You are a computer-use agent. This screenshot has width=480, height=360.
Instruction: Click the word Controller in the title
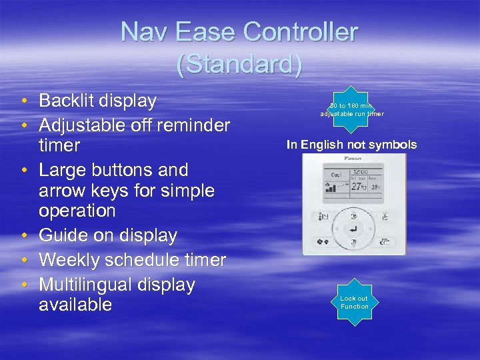[301, 31]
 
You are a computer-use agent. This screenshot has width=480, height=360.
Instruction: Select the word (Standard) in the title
[239, 65]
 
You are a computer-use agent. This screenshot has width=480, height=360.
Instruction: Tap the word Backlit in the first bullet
[66, 101]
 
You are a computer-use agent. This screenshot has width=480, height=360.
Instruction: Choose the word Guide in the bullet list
[62, 235]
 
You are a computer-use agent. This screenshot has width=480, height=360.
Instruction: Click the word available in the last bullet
[75, 305]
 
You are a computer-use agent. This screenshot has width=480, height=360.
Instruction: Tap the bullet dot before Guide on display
[23, 236]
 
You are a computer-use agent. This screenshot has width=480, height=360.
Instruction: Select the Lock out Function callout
[354, 302]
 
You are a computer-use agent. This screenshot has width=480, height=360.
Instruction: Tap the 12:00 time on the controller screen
[360, 172]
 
